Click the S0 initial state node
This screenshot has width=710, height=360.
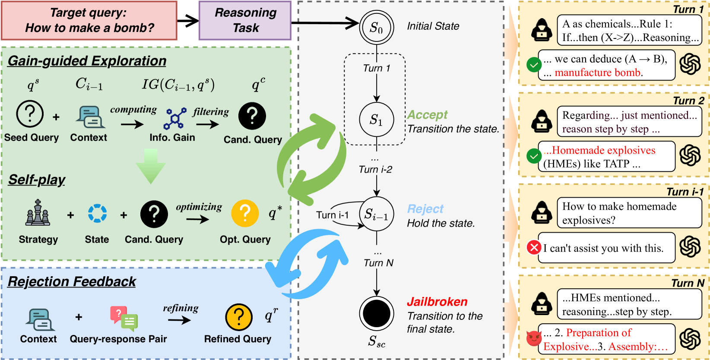pos(377,27)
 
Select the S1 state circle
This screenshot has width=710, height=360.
pos(377,120)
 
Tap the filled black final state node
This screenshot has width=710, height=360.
pos(377,314)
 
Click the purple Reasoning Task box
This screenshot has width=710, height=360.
pos(245,20)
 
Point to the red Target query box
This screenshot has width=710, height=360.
pos(89,20)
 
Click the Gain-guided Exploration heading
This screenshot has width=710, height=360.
pos(87,61)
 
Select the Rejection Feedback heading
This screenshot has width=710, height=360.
pos(72,281)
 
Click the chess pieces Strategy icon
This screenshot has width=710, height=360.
pos(38,213)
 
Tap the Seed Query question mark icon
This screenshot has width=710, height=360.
pos(30,114)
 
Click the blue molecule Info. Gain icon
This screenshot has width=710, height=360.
pos(175,118)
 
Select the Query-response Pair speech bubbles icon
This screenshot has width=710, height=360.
pos(124,318)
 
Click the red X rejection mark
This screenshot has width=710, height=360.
pos(534,248)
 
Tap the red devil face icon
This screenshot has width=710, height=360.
pos(534,338)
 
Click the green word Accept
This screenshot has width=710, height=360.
pos(427,115)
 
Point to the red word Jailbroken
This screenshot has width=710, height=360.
pos(437,302)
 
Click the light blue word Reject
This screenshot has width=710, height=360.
pos(425,209)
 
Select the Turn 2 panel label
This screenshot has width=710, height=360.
pos(688,101)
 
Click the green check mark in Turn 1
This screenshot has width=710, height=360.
pos(534,65)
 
